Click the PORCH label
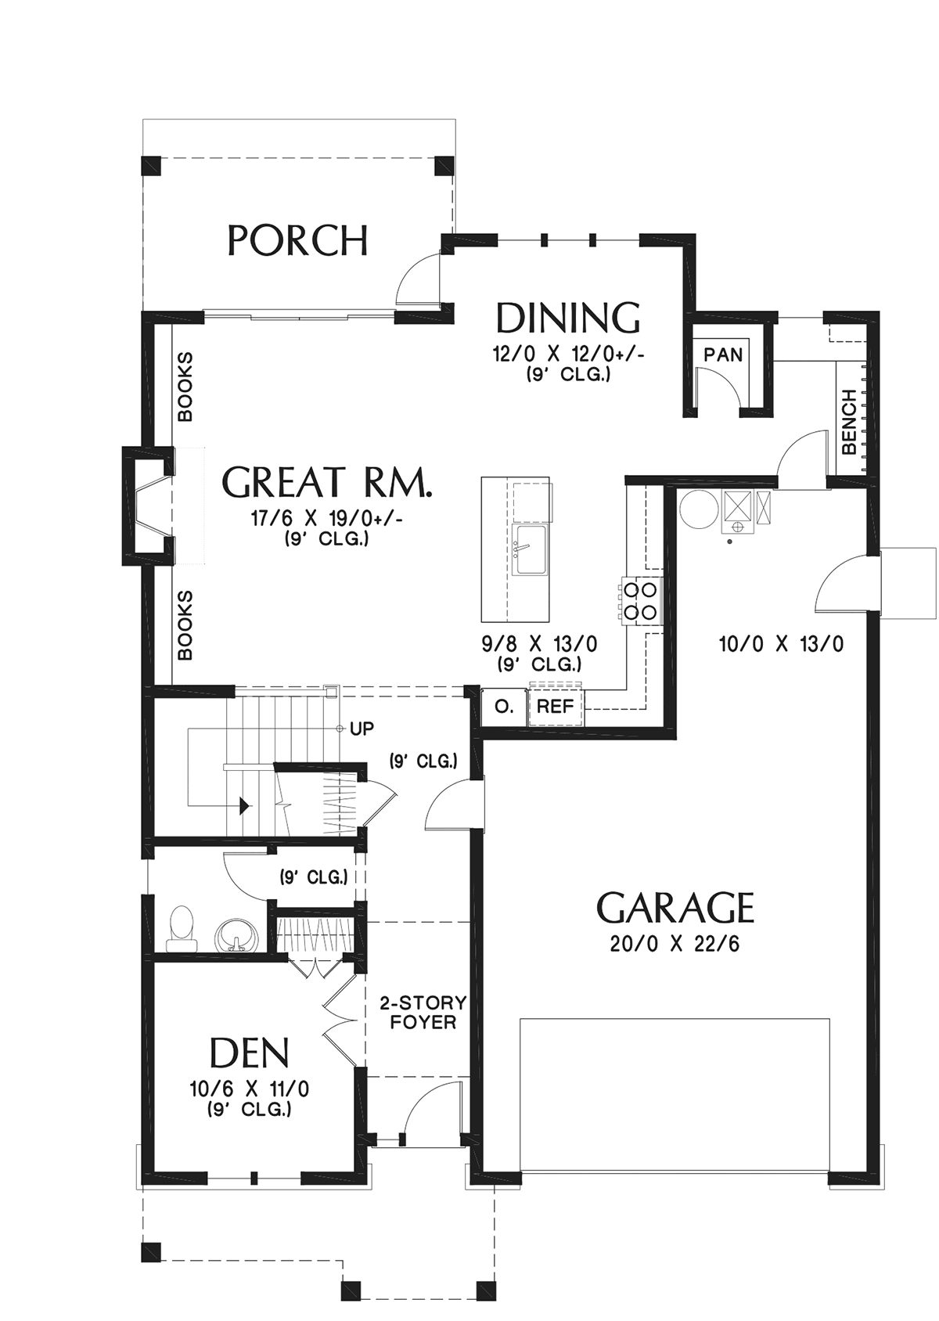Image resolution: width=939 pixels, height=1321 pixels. (x=298, y=240)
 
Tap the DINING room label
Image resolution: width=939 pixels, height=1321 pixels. (x=568, y=318)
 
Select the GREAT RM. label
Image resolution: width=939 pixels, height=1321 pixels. (x=327, y=481)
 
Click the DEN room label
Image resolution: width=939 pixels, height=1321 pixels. (x=250, y=1054)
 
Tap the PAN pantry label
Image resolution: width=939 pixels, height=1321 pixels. (x=723, y=355)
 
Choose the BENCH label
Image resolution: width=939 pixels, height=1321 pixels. (x=849, y=421)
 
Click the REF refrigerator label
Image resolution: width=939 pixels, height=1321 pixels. (x=556, y=706)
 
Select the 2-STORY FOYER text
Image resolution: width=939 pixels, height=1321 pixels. (x=423, y=1013)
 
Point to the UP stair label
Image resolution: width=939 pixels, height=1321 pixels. (x=362, y=729)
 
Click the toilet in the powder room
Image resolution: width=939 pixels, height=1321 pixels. (x=181, y=930)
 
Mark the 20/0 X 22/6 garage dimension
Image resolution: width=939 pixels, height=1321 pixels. (x=675, y=961)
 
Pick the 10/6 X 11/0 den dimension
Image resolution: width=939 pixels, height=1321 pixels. (x=250, y=1088)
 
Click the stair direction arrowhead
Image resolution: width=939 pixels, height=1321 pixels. (x=243, y=805)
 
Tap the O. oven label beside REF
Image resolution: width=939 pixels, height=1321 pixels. (x=504, y=706)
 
